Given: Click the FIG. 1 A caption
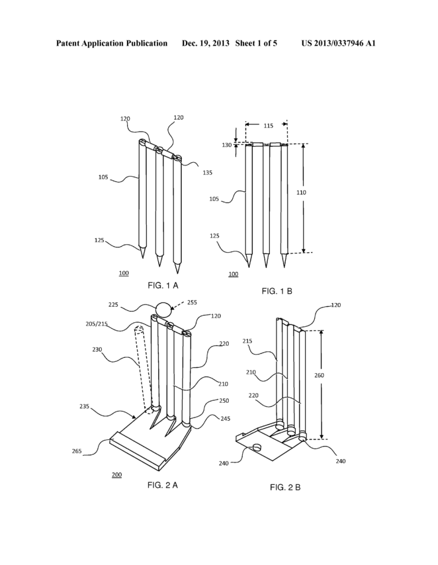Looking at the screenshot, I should [x=163, y=285].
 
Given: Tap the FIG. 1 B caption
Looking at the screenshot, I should [x=276, y=291].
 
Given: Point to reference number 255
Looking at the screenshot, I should [x=192, y=301].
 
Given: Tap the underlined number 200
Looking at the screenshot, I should [x=117, y=475].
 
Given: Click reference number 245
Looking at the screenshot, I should [x=209, y=419].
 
